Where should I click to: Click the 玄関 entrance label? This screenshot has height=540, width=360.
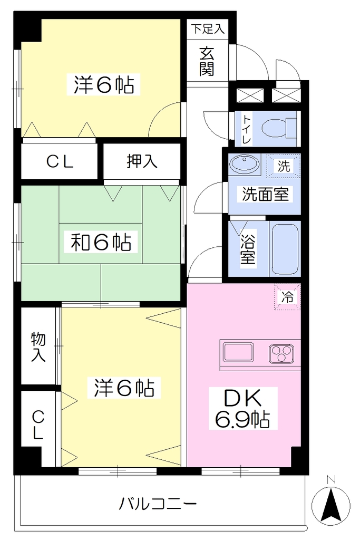[x=207, y=62]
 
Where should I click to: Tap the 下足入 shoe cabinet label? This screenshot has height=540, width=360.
[x=208, y=28]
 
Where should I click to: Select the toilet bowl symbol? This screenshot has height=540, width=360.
[x=279, y=128]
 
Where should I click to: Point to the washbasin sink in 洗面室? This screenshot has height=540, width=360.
[x=244, y=165]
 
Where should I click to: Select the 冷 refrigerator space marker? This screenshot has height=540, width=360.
[x=287, y=296]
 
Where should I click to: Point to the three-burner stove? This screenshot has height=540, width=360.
[x=281, y=353]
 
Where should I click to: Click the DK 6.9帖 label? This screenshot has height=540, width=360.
[x=243, y=409]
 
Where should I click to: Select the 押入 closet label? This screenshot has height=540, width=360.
[x=142, y=161]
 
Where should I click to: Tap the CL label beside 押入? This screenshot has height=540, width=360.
[x=60, y=161]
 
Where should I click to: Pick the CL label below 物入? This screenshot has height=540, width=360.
[x=37, y=426]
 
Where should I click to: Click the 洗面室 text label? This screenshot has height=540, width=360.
[x=265, y=194]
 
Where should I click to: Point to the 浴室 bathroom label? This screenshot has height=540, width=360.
[x=248, y=249]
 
